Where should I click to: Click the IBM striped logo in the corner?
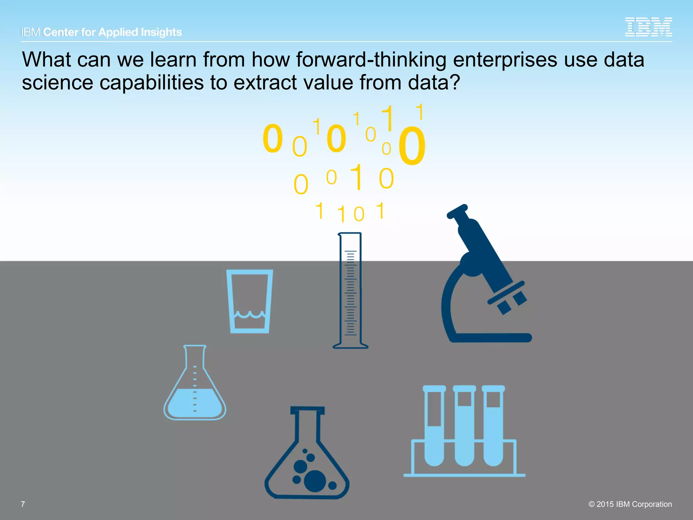(648, 27)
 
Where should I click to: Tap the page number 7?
(23, 504)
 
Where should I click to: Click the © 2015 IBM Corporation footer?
(630, 504)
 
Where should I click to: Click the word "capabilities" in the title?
(152, 83)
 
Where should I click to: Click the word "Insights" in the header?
(161, 32)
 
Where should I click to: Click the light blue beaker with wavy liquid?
(250, 301)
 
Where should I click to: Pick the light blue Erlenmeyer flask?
(195, 386)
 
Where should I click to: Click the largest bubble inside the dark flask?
(315, 481)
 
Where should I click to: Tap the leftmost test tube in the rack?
(434, 427)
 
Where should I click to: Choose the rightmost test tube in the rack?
(493, 427)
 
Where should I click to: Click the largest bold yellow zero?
(412, 146)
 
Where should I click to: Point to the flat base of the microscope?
(491, 338)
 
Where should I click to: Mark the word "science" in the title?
(58, 83)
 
